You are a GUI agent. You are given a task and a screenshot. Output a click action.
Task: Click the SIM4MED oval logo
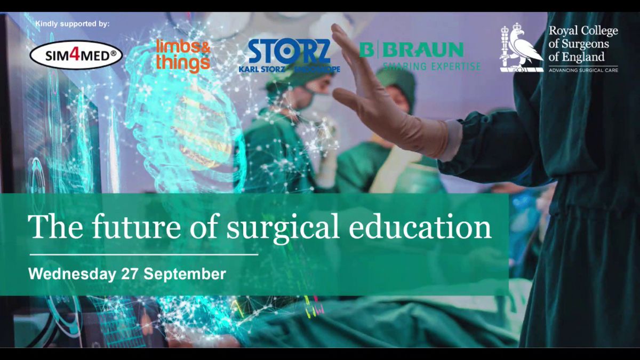pyautogui.click(x=76, y=55)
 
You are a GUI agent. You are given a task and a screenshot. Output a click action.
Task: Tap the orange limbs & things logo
pyautogui.click(x=183, y=57)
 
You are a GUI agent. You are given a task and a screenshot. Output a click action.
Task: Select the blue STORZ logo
pyautogui.click(x=289, y=55)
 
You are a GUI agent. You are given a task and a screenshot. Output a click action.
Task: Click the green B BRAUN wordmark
pyautogui.click(x=411, y=50)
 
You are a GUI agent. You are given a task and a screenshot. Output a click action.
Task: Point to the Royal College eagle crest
pyautogui.click(x=521, y=47)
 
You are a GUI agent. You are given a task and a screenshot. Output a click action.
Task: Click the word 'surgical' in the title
pyautogui.click(x=283, y=227)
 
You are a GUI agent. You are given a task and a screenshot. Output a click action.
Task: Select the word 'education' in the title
pyautogui.click(x=420, y=227)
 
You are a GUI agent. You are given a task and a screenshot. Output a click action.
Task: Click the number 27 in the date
pyautogui.click(x=130, y=274)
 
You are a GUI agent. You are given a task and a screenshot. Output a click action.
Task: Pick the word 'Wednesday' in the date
pyautogui.click(x=72, y=274)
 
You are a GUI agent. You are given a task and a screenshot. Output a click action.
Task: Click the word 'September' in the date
pyautogui.click(x=185, y=274)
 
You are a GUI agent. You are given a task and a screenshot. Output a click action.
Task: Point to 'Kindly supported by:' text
pyautogui.click(x=73, y=23)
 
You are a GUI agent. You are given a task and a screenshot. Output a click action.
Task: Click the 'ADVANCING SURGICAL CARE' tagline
pyautogui.click(x=583, y=70)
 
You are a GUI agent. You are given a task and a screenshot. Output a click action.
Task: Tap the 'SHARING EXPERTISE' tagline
pyautogui.click(x=431, y=66)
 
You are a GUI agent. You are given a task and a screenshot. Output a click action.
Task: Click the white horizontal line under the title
pyautogui.click(x=144, y=254)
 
